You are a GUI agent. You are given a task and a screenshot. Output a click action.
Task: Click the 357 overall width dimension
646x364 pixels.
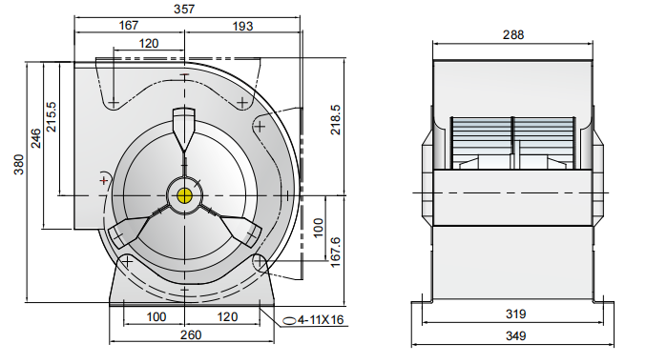(184, 9)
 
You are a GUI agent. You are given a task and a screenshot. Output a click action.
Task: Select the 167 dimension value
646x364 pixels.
(129, 26)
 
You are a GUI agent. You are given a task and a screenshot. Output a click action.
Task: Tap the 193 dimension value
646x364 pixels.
(242, 27)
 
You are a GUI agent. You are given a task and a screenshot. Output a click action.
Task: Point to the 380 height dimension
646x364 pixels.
(19, 165)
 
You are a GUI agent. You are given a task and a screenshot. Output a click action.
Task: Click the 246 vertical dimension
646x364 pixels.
(36, 138)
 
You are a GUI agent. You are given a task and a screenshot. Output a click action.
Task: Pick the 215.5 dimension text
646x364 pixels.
(52, 117)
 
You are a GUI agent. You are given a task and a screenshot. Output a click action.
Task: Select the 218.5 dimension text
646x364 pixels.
(336, 120)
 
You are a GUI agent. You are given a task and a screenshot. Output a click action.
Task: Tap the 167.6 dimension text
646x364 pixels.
(335, 252)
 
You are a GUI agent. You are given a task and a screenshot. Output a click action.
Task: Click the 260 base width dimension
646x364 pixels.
(191, 334)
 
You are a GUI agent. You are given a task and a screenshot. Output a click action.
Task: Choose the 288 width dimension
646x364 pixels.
(513, 35)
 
